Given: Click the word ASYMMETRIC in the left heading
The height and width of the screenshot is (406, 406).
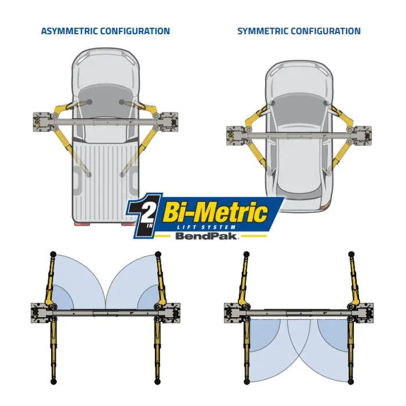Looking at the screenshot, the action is point(69,31).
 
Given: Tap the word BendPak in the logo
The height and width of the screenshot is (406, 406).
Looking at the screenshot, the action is point(206,236).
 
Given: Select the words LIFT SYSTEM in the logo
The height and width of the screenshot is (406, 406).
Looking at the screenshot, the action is point(206,227).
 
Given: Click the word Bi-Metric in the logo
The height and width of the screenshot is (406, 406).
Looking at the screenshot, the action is point(215,213).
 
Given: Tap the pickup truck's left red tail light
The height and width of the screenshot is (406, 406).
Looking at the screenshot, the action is point(81,224).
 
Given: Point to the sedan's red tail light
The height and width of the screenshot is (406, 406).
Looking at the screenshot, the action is point(324,208).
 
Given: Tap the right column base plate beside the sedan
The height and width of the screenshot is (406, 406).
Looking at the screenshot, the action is point(363,136).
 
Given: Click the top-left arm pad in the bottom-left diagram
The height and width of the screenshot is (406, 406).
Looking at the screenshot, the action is point(53,254).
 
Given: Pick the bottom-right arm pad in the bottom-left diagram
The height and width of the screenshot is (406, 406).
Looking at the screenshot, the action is point(157,382).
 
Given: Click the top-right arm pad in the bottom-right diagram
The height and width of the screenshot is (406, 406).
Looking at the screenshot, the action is point(351,254).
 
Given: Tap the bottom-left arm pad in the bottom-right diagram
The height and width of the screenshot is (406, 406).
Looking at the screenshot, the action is point(246,382).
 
